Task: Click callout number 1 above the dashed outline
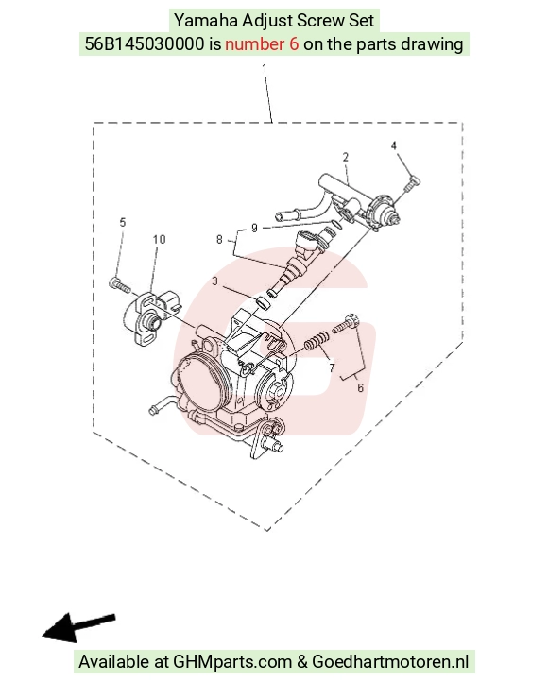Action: [x=264, y=68]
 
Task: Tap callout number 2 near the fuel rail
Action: [x=345, y=157]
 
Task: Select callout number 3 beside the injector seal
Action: [x=214, y=281]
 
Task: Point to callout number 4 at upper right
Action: [x=394, y=145]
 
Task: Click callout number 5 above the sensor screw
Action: [x=123, y=222]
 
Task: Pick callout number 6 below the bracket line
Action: [x=360, y=387]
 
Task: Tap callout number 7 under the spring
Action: [x=332, y=368]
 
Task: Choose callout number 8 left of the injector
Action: [x=219, y=239]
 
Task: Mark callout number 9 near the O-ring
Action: [x=254, y=228]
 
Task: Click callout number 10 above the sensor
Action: [x=159, y=239]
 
